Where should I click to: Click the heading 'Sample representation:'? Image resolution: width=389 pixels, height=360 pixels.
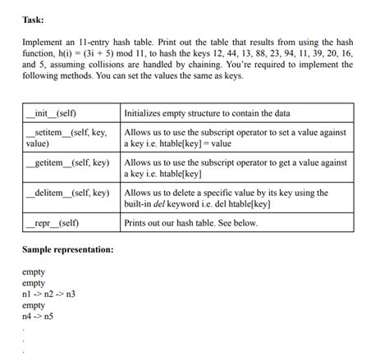[68, 248]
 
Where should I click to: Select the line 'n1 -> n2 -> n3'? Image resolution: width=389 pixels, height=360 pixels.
[51, 293]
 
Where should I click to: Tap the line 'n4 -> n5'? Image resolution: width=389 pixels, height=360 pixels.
[39, 315]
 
